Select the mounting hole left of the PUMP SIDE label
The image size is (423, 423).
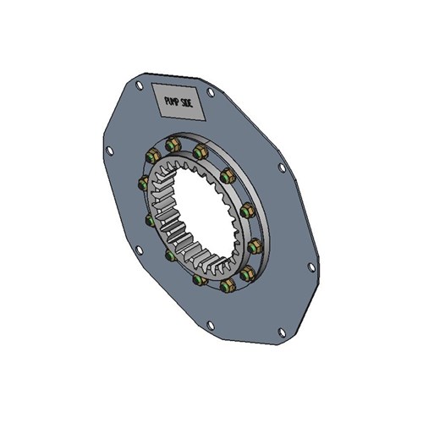[139, 85]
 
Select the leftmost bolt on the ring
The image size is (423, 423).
[143, 183]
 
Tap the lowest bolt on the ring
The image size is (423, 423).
[226, 287]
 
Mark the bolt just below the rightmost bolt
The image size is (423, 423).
[248, 272]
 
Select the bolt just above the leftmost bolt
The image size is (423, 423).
[152, 156]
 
